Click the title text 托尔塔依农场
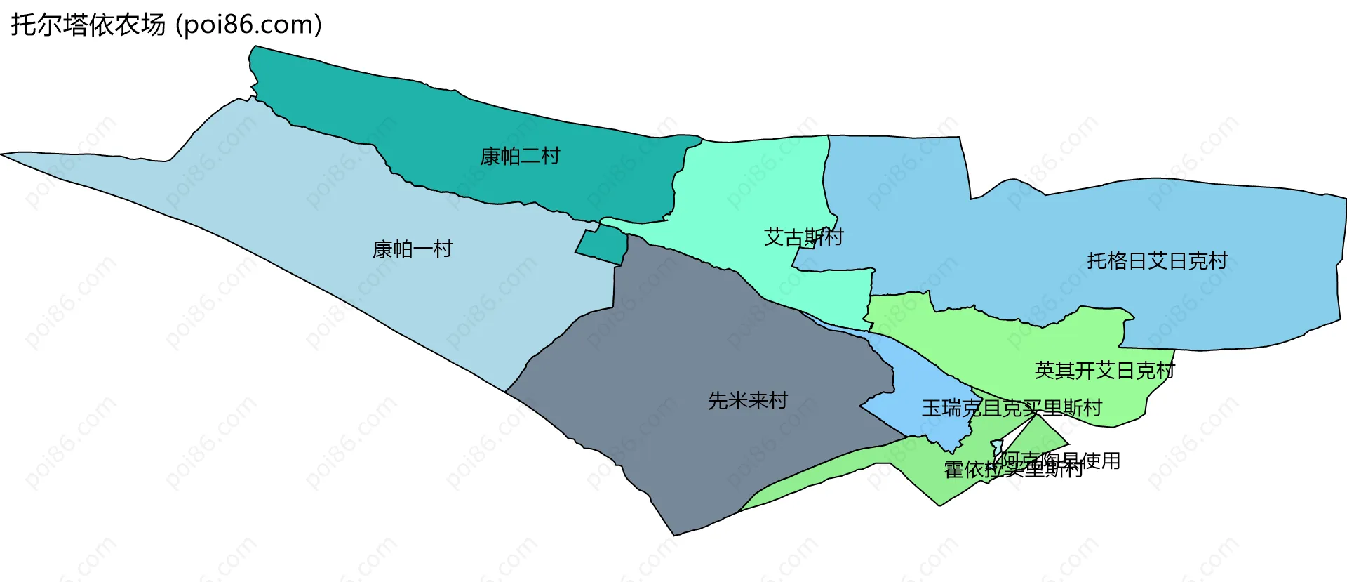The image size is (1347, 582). coord(88,25)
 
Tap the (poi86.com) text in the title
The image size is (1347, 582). coord(248,25)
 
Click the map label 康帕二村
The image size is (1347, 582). coord(520,156)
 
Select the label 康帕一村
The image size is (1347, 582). coord(413,249)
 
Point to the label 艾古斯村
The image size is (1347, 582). coord(803,237)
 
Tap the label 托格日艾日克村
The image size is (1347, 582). coord(1157,261)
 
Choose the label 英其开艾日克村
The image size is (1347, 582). coord(1104,371)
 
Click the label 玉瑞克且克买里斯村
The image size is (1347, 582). coord(1012,408)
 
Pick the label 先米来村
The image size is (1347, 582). coord(748,401)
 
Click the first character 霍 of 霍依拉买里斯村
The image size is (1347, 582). coord(954,470)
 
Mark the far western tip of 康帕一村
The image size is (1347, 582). coord(3,154)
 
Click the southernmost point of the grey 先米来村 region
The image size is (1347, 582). coord(675,535)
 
